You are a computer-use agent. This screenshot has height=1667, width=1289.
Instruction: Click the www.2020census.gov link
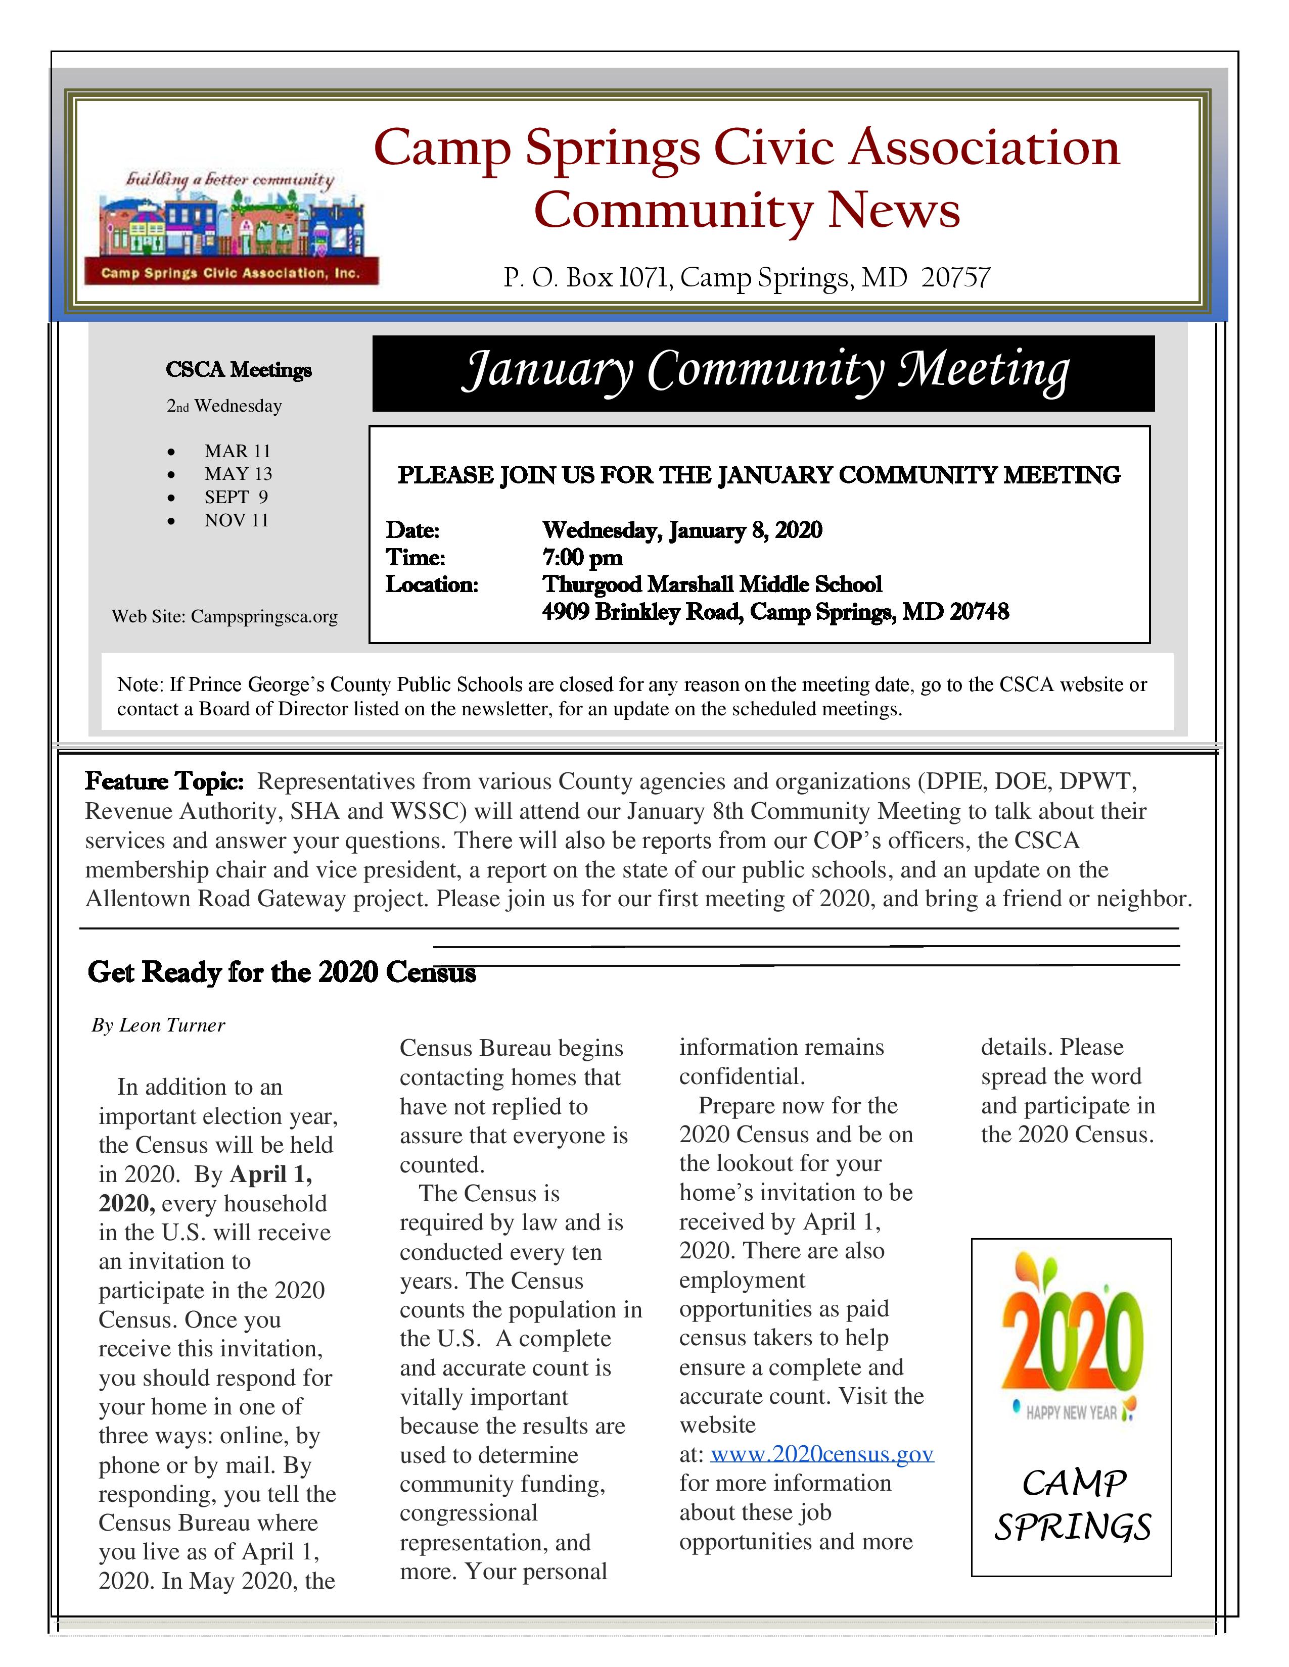click(821, 1454)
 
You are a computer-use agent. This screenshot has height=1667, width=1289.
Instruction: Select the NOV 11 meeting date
click(237, 520)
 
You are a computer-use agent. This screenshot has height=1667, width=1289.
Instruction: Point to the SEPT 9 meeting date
click(236, 498)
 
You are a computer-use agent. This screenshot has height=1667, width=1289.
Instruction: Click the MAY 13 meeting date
click(238, 474)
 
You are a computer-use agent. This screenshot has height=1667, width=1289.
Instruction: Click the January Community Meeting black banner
click(763, 373)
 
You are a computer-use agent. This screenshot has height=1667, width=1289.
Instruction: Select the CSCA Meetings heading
click(238, 370)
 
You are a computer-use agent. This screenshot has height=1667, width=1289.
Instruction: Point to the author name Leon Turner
click(172, 1025)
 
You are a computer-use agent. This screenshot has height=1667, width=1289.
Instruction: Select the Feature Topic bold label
click(164, 781)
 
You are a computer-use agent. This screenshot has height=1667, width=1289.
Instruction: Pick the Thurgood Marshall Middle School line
click(712, 584)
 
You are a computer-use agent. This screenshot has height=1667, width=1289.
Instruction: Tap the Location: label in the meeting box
click(432, 584)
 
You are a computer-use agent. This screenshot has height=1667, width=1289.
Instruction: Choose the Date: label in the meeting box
click(412, 530)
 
